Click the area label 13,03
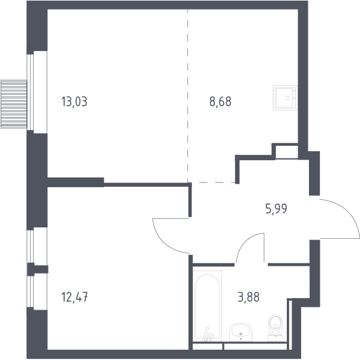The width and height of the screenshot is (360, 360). point(74,102)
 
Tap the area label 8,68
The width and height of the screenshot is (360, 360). point(220,102)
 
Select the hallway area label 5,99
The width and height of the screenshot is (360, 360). point(276,209)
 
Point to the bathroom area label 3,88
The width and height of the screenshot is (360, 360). point(248,297)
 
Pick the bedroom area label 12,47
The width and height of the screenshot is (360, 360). point(74,297)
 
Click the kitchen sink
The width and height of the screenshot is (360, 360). point(285,98)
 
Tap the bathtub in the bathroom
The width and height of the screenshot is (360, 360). point(207,306)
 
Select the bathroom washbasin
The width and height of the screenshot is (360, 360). point(241,332)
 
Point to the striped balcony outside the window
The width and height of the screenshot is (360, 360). point(14,104)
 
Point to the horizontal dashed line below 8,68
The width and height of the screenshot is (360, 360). point(212,182)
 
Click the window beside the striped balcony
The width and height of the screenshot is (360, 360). point(31,92)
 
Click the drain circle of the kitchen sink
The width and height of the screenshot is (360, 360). point(287,98)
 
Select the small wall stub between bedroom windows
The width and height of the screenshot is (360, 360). point(38,269)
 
